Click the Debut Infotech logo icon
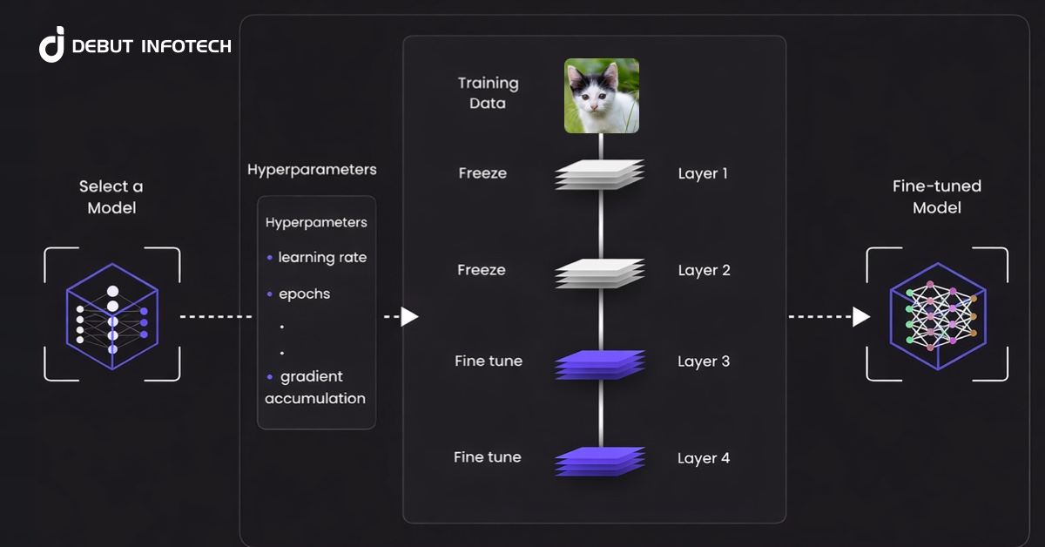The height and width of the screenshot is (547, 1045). click(x=52, y=44)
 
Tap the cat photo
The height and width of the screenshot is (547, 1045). click(x=601, y=96)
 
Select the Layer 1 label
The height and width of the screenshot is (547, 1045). click(x=703, y=173)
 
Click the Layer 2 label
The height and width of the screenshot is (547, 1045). click(x=704, y=270)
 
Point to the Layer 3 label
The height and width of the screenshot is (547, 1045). click(x=704, y=361)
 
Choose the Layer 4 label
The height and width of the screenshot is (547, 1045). click(x=704, y=457)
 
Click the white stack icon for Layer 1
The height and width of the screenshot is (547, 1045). click(x=600, y=174)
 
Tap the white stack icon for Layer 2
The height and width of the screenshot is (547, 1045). click(x=600, y=273)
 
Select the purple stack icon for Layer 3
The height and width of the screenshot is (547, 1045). click(x=600, y=364)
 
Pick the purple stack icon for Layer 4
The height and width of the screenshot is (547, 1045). click(x=600, y=460)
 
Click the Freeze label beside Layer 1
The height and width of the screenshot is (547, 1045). click(x=482, y=173)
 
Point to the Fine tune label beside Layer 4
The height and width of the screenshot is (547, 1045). click(x=488, y=457)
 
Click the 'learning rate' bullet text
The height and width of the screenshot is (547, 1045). click(x=322, y=258)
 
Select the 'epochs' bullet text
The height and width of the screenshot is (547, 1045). click(x=304, y=294)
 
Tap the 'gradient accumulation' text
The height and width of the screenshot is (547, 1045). click(x=315, y=388)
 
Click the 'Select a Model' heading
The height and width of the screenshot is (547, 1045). click(x=111, y=197)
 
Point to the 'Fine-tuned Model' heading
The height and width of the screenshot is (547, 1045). click(x=937, y=197)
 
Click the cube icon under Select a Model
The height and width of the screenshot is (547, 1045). click(x=111, y=314)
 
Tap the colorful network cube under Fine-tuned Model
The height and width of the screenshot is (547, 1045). click(x=937, y=314)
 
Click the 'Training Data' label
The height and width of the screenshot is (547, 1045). click(x=488, y=93)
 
